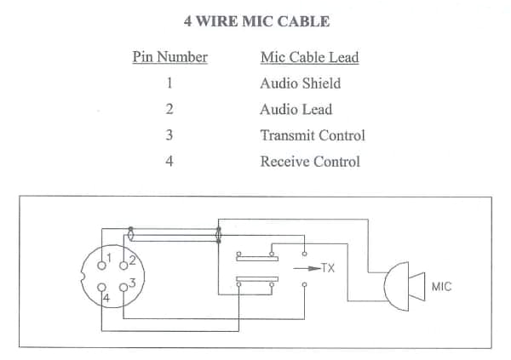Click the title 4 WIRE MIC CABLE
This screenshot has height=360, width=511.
(256, 20)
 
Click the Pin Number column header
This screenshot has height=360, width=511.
(170, 57)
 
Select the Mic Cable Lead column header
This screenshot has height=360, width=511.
(309, 57)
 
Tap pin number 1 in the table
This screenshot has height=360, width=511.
(170, 83)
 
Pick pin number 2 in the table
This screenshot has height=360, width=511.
(170, 109)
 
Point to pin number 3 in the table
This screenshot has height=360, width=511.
(170, 135)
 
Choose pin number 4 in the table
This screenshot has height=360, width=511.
(170, 161)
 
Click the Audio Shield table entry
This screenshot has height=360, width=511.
(300, 83)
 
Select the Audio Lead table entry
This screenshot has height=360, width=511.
(296, 109)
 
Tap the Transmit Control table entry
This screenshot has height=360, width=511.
(312, 135)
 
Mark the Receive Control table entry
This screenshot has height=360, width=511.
(310, 161)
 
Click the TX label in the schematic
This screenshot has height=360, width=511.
(328, 268)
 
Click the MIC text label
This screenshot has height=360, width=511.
(441, 287)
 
